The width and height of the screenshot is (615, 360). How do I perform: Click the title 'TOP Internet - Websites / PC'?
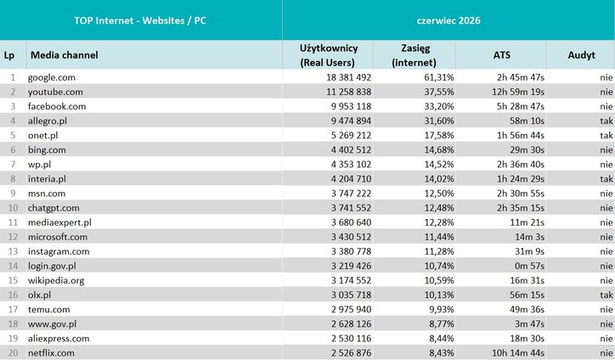tap(140, 20)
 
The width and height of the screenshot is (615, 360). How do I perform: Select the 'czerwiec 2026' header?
tap(449, 20)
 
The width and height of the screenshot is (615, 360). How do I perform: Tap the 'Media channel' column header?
tap(65, 55)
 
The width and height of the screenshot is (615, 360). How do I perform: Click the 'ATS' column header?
tap(502, 55)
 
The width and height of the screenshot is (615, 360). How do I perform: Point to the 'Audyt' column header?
tap(581, 55)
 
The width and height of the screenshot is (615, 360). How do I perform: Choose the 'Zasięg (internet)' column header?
tap(415, 55)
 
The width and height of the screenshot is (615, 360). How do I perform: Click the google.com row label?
tap(51, 77)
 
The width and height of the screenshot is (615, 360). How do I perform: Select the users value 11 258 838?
tap(348, 92)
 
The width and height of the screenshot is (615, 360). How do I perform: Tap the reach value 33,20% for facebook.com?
tap(439, 106)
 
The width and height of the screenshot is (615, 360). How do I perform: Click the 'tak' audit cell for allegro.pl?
tap(607, 121)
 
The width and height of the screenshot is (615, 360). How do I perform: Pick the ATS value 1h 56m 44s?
tap(521, 135)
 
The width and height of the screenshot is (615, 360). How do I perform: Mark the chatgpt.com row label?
tap(54, 208)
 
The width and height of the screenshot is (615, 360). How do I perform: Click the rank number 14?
tap(13, 266)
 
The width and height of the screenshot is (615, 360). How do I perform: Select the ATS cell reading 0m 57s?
tap(529, 266)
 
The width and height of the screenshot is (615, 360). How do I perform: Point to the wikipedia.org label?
tap(56, 281)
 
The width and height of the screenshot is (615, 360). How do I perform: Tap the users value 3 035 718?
tap(351, 295)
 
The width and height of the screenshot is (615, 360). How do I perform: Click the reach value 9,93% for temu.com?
tap(441, 309)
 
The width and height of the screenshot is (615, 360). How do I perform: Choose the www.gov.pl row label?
tap(52, 324)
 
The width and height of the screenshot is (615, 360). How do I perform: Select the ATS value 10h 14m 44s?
tap(518, 353)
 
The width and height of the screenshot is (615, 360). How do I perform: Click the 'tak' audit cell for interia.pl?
tap(607, 179)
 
